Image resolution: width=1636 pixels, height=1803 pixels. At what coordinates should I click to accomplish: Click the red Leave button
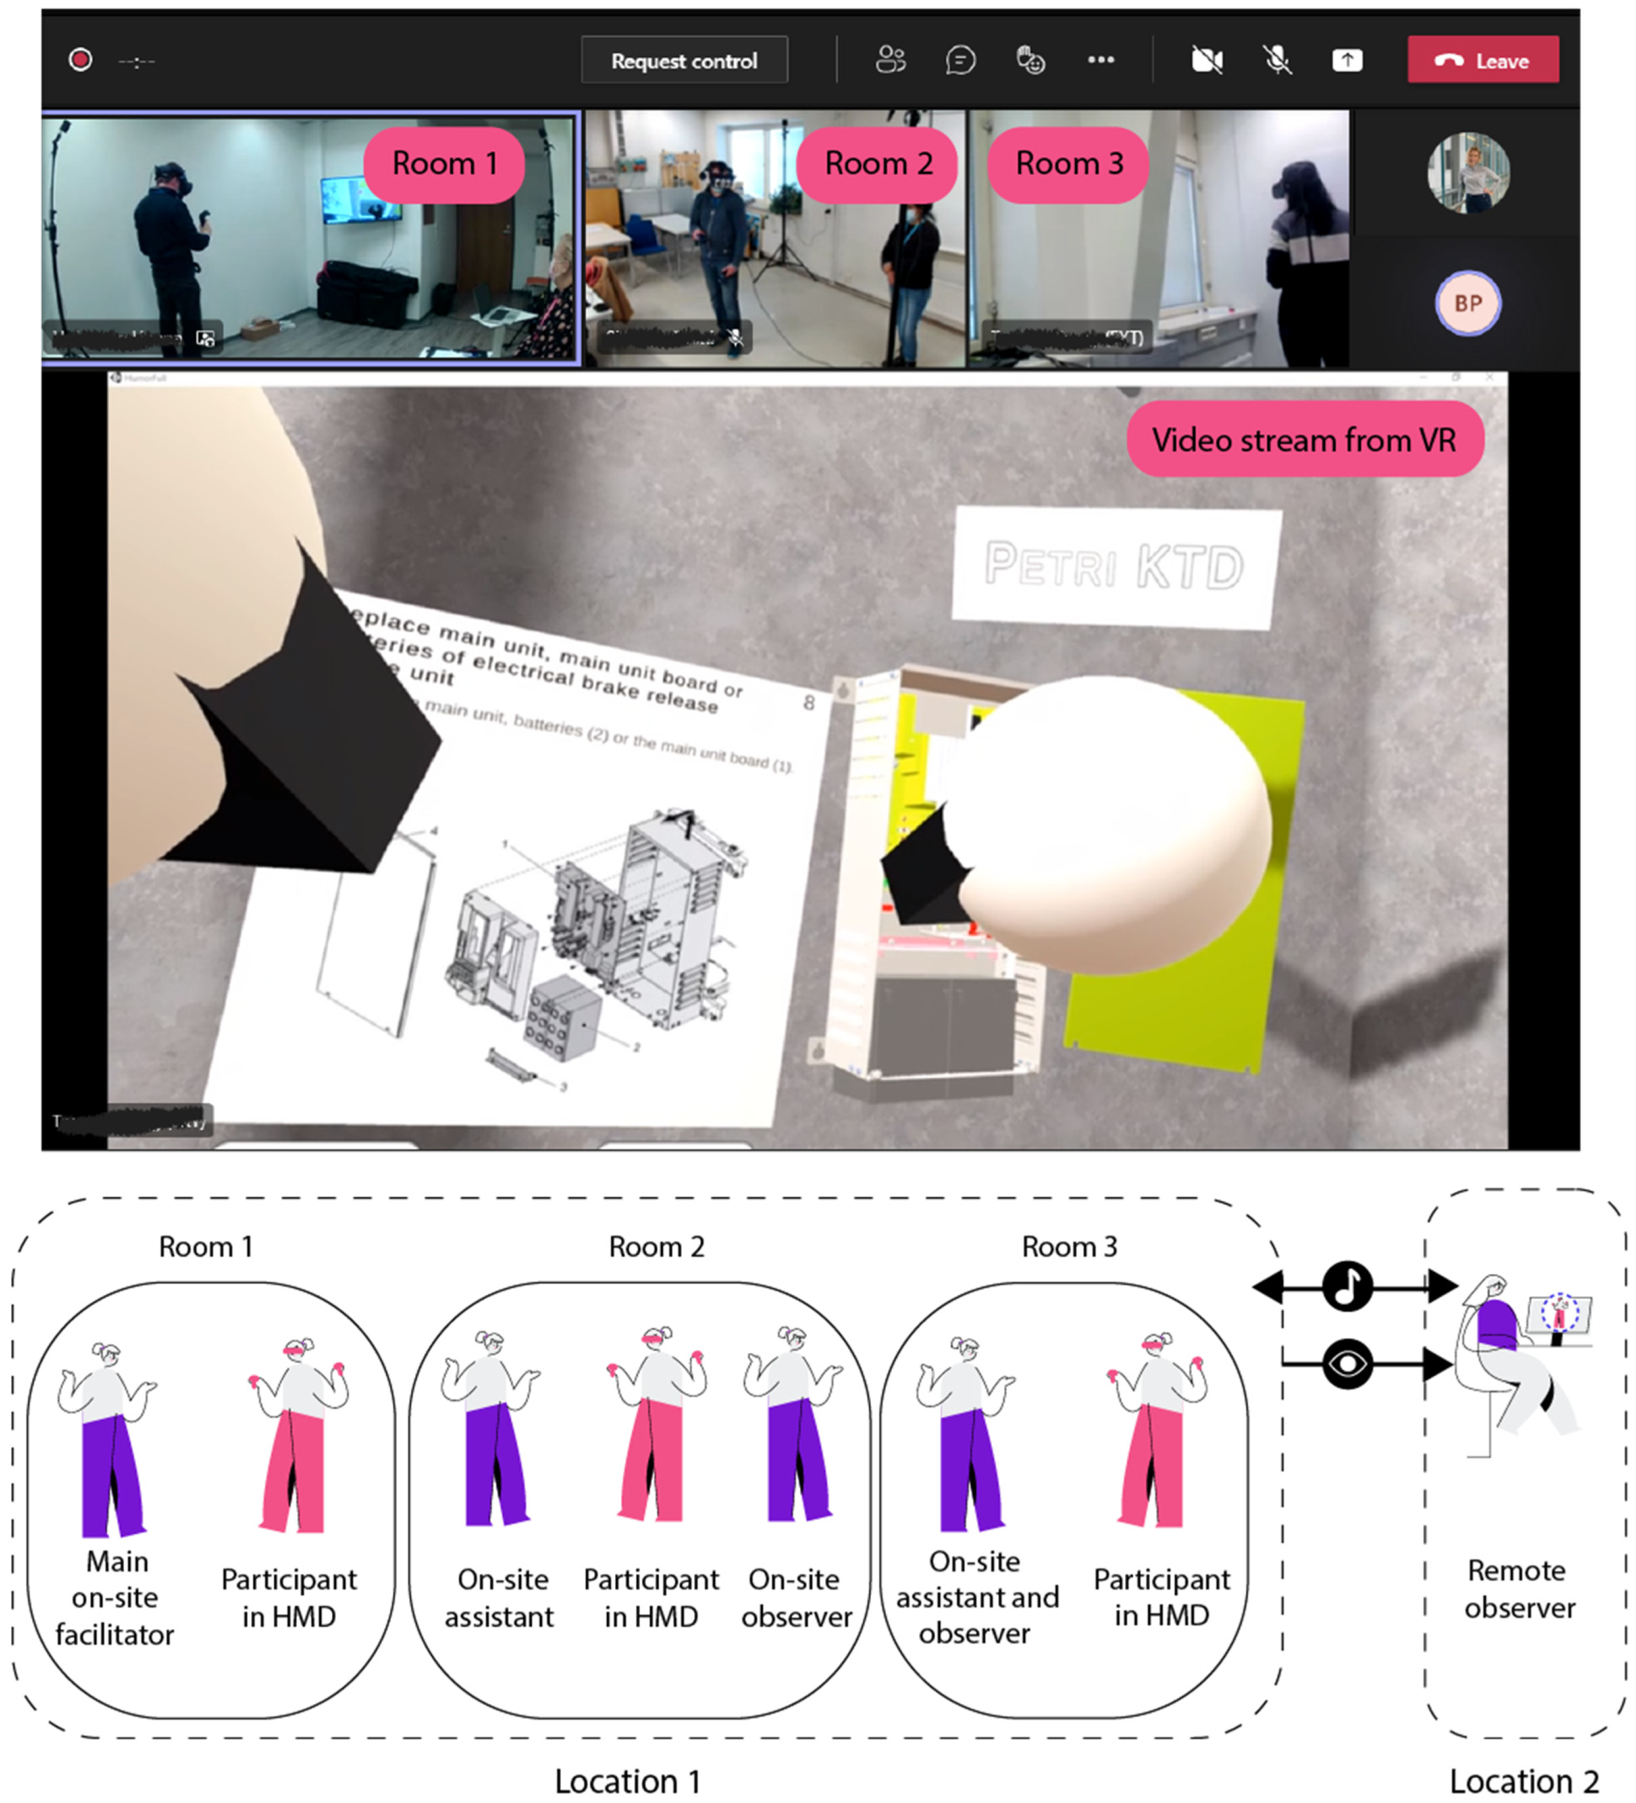coord(1483,60)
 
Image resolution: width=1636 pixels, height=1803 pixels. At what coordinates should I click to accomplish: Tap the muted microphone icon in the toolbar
coord(1277,60)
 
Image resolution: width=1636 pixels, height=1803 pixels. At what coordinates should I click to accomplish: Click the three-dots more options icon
coord(1101,60)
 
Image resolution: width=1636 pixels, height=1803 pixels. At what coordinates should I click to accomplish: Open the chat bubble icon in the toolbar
coord(960,60)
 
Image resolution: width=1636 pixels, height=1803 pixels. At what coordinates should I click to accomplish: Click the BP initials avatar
coord(1467,303)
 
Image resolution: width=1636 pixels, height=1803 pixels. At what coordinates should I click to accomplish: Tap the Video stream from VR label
coord(1304,440)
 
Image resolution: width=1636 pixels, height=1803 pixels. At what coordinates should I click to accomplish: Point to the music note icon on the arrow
coord(1347,1287)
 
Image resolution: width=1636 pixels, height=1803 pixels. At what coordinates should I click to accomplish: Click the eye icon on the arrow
coord(1347,1364)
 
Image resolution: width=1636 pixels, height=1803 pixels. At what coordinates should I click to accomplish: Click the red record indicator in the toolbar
coord(80,60)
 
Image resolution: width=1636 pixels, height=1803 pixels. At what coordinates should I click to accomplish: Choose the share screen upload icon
coord(1347,60)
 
